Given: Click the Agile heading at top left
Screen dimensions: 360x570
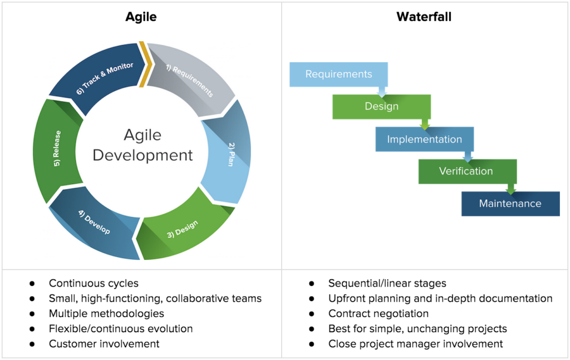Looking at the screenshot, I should click(140, 17).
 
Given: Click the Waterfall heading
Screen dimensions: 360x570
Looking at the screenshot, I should click(424, 17).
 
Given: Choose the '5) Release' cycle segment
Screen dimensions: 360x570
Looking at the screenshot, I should click(56, 153).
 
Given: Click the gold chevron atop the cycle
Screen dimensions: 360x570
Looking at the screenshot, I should click(145, 64).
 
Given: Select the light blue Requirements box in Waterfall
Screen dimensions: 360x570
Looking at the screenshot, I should click(338, 74).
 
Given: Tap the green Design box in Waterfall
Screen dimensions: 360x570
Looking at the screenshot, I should click(381, 106).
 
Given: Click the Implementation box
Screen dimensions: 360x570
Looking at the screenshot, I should click(424, 139).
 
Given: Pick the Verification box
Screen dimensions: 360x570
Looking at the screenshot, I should click(466, 171).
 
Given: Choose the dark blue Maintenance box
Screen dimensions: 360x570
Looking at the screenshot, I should click(510, 204).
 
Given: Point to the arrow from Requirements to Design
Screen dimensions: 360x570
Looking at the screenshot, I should click(382, 90).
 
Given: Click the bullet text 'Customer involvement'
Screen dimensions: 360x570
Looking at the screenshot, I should click(104, 344).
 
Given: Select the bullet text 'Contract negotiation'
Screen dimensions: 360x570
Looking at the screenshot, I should click(379, 314).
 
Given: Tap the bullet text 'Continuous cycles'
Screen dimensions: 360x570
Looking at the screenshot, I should click(94, 284).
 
